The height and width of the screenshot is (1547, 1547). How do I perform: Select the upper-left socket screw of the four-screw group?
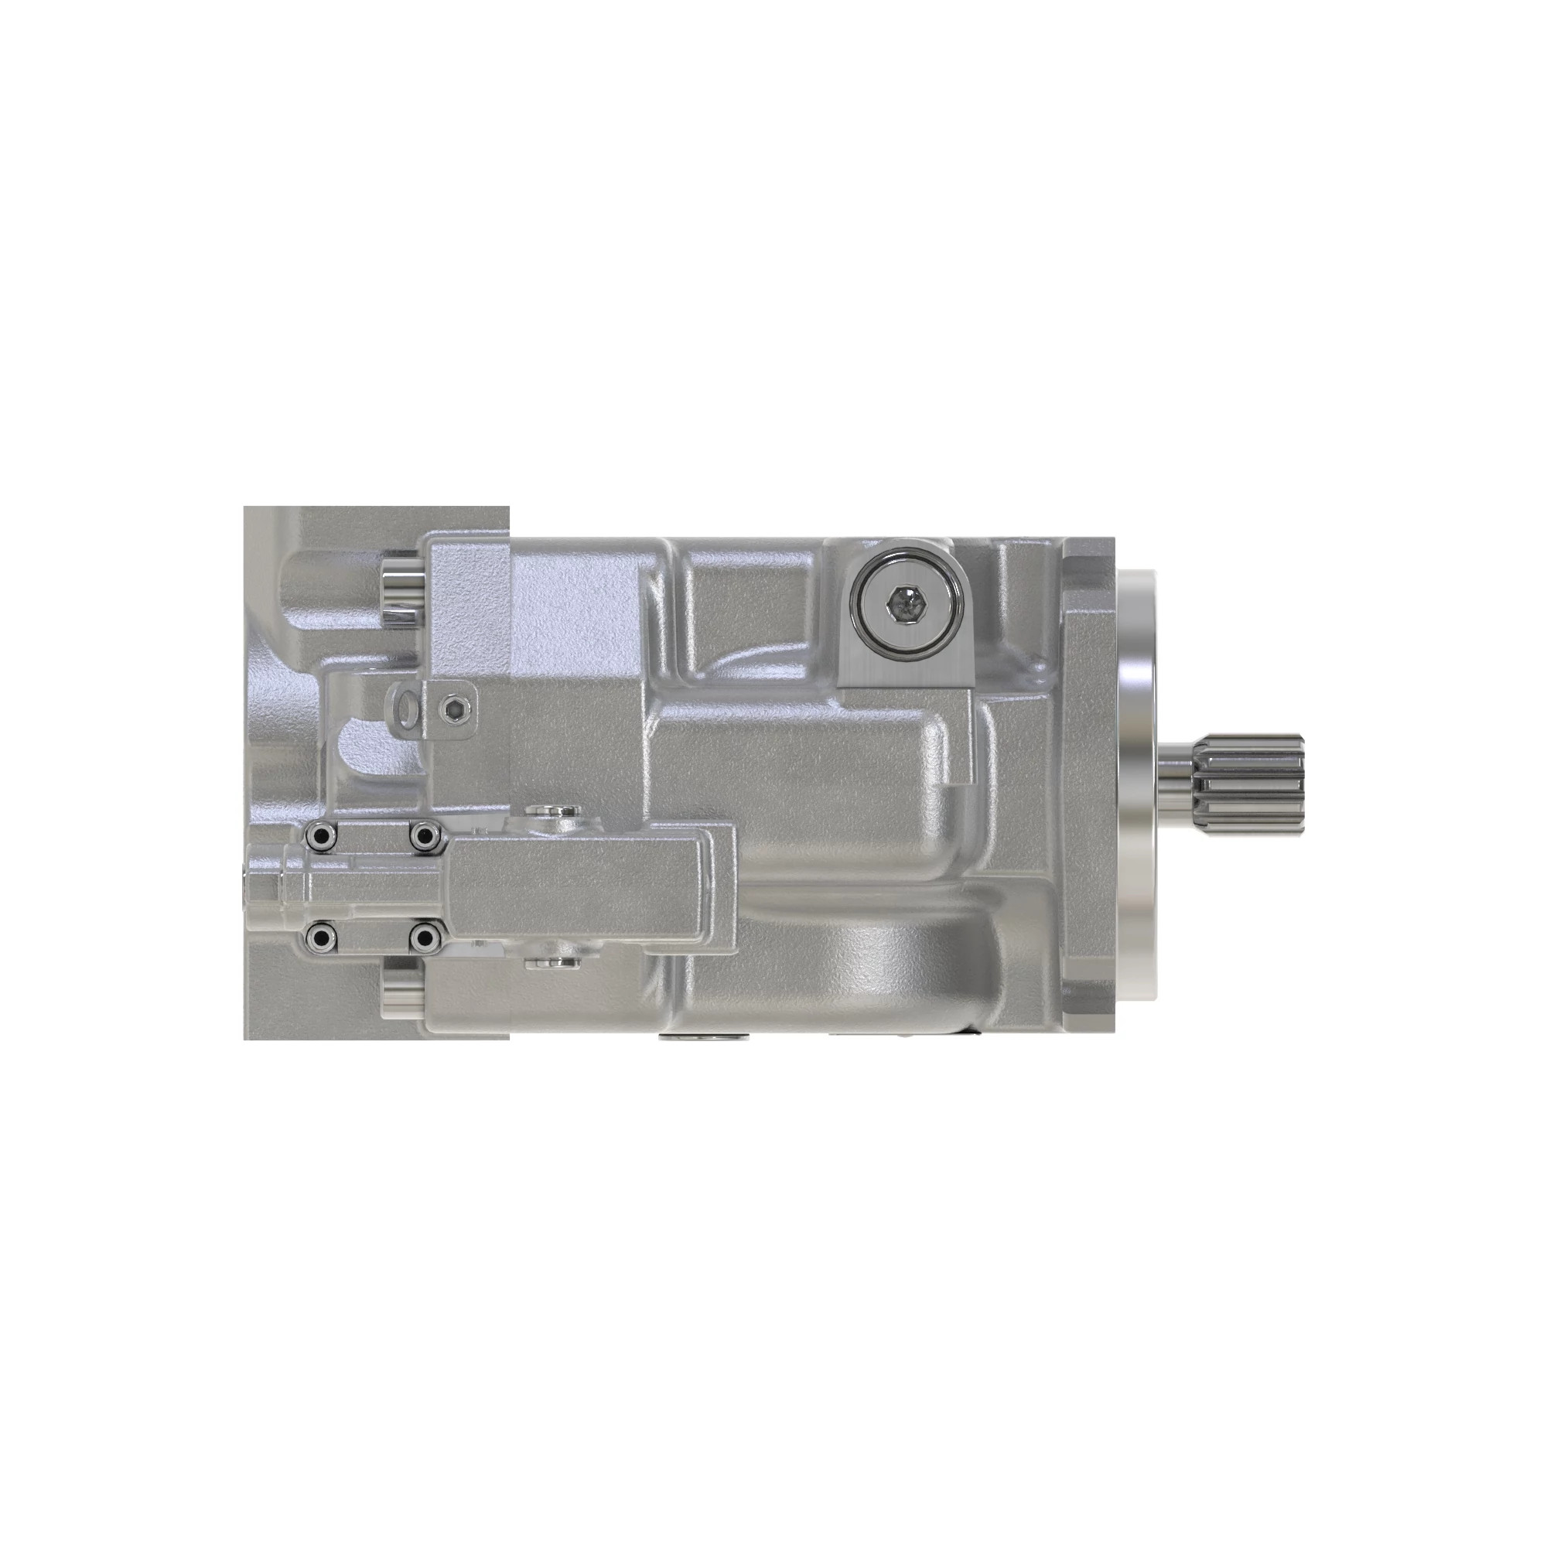click(321, 836)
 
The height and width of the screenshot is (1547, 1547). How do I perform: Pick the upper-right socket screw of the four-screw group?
click(425, 836)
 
